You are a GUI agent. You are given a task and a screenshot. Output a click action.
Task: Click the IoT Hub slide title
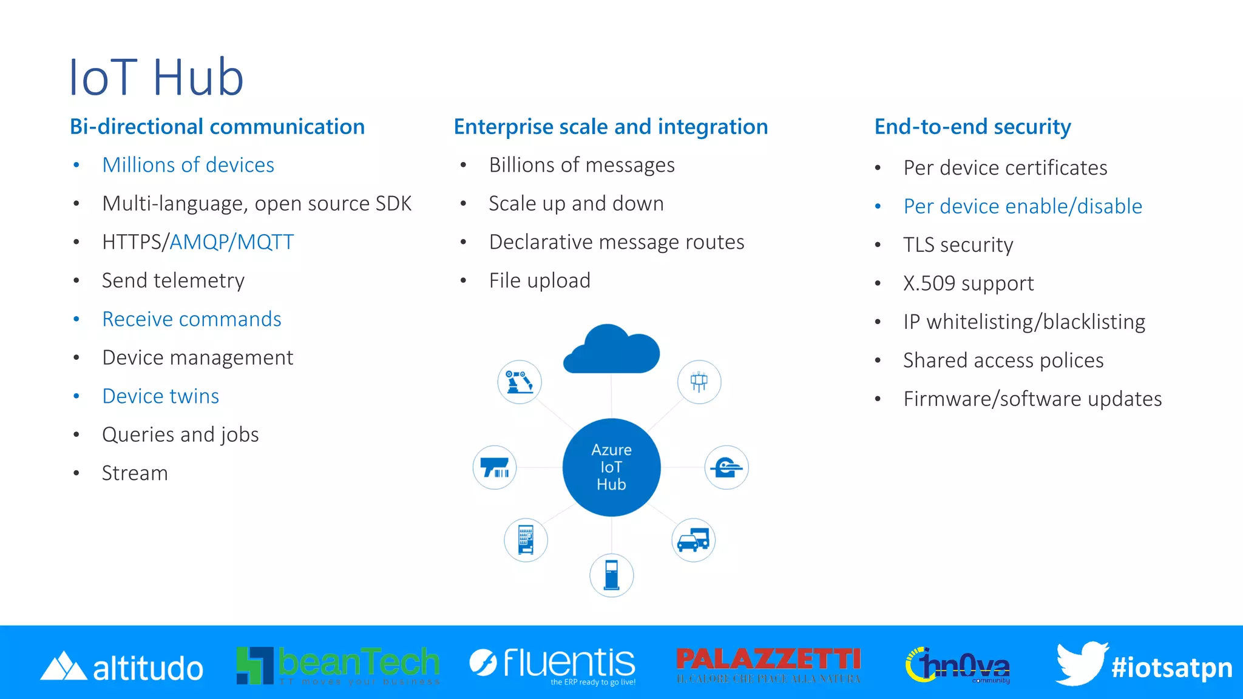(x=156, y=77)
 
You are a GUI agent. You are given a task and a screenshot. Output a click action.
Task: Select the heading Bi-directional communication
(x=217, y=126)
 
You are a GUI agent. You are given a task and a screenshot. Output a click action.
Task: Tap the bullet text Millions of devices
(x=188, y=165)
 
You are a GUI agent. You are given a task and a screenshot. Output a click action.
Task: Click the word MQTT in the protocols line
(x=265, y=242)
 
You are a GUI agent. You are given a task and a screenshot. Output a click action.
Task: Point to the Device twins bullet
(x=160, y=396)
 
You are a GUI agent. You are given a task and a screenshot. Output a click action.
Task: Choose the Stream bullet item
(x=135, y=473)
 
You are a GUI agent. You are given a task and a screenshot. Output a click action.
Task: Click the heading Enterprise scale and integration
(x=611, y=126)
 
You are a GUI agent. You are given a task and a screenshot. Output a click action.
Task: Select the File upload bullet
(x=540, y=280)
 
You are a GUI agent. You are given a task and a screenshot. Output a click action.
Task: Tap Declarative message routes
(x=617, y=242)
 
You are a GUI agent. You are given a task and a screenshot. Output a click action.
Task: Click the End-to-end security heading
(x=972, y=126)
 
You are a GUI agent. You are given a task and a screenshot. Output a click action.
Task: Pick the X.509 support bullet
(x=968, y=283)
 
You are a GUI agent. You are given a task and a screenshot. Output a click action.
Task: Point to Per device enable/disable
(x=1023, y=206)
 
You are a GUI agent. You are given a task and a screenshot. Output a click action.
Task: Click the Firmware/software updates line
(x=1032, y=399)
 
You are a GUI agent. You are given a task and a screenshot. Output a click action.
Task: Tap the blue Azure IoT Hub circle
(x=611, y=467)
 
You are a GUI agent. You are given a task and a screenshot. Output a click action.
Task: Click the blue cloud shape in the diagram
(x=612, y=351)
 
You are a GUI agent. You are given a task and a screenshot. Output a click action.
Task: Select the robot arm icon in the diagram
(x=519, y=382)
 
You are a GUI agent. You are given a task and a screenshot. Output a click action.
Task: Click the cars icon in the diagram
(x=693, y=539)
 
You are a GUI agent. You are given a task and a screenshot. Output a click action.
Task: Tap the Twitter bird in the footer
(x=1080, y=663)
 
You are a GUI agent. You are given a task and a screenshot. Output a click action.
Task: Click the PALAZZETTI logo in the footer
(x=768, y=664)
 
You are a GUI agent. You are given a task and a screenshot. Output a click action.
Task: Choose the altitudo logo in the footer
(x=121, y=667)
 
